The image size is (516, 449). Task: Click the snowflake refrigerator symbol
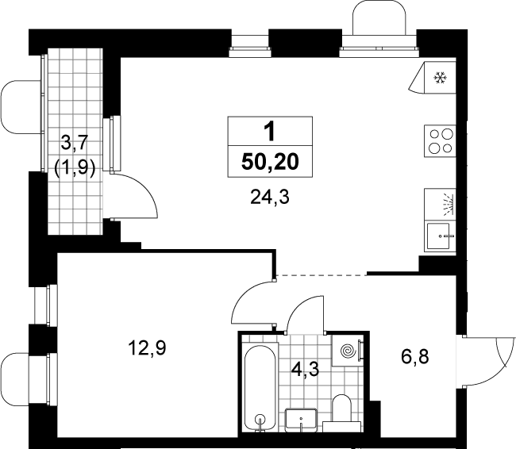(440, 78)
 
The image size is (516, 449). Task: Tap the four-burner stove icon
(440, 140)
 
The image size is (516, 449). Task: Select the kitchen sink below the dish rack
(440, 236)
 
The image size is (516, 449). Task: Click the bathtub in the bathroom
(260, 387)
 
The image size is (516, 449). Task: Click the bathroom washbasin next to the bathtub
(301, 420)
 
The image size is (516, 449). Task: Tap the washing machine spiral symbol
(348, 351)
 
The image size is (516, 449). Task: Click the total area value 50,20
(270, 162)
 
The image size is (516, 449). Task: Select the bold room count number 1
(270, 131)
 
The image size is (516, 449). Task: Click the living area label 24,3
(270, 198)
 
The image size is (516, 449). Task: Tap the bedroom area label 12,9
(147, 348)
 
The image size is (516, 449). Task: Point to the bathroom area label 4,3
(306, 370)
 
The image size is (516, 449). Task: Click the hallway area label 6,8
(415, 356)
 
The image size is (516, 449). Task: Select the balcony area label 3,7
(75, 144)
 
